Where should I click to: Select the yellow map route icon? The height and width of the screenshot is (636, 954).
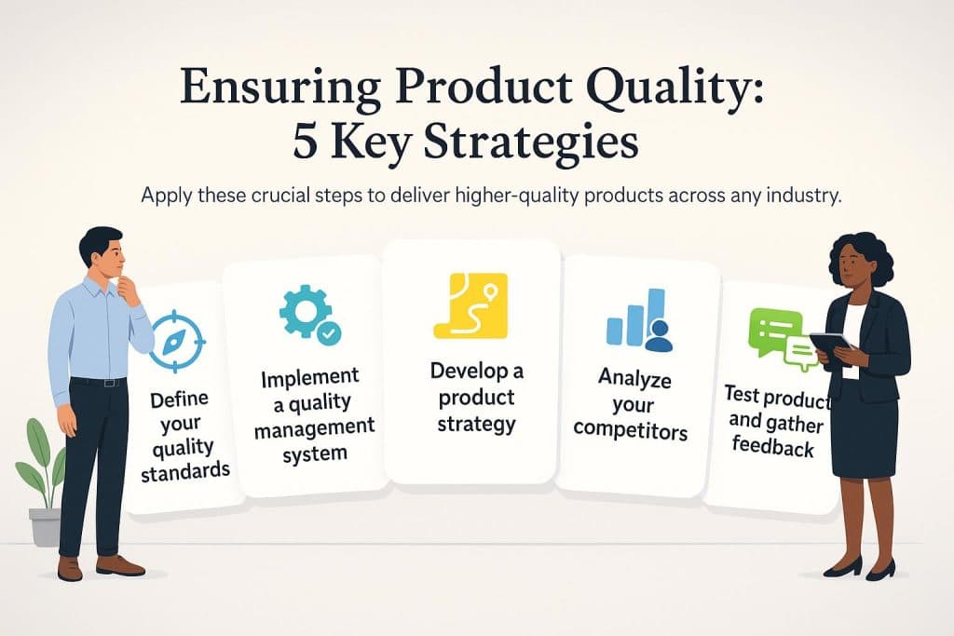470,304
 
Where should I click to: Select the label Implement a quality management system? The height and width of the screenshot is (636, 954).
312,415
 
